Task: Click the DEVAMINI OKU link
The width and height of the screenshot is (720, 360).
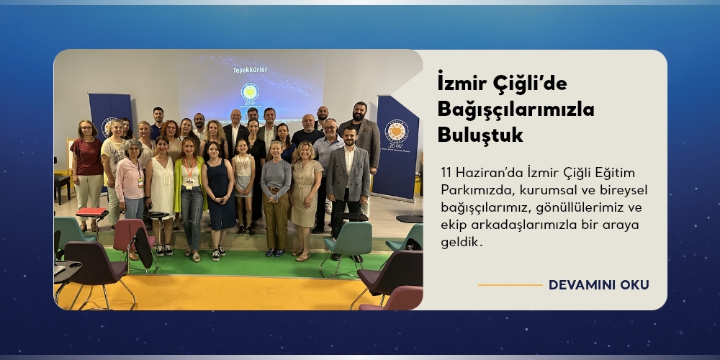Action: (599, 284)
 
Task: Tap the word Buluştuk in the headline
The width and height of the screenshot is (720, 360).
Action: (480, 135)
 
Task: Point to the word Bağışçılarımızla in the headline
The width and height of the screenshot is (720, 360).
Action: (516, 110)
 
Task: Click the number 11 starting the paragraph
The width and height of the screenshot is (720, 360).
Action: (445, 173)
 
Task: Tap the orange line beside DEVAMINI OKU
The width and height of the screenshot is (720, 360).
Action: (510, 285)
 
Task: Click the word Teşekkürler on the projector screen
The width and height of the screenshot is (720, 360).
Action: (250, 70)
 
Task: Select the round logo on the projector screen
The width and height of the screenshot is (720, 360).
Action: (251, 91)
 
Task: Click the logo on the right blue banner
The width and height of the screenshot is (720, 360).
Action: (396, 131)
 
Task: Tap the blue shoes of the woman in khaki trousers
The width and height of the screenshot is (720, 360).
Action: (274, 253)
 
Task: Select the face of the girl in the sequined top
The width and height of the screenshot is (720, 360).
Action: (243, 146)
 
